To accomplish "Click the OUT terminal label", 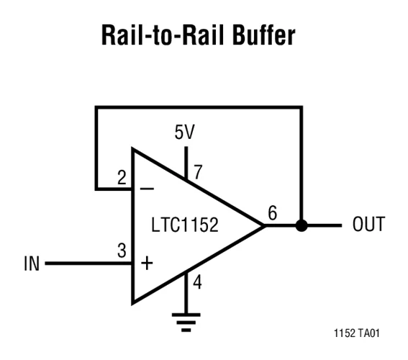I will click(x=368, y=225).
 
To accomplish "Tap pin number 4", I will click(x=197, y=282).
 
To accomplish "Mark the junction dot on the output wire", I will click(x=301, y=225).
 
